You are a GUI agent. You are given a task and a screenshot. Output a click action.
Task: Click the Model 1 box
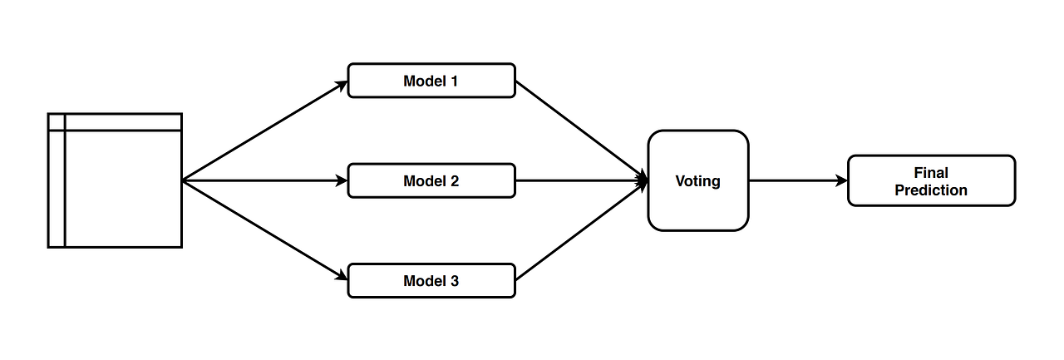431,81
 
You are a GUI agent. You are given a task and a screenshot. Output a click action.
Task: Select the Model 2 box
431,180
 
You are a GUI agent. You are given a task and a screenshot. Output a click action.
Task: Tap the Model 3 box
431,280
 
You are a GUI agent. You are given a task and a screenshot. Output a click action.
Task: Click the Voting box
697,180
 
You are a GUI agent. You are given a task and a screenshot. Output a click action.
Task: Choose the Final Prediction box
931,180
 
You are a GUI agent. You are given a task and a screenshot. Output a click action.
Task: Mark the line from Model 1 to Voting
582,131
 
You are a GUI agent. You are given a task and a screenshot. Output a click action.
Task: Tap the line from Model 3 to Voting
582,230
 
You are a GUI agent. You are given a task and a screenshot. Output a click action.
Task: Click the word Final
931,173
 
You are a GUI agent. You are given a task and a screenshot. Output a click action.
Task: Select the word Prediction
931,190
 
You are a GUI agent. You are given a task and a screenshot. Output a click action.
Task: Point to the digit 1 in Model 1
454,81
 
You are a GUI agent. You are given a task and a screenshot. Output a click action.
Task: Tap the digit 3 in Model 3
454,280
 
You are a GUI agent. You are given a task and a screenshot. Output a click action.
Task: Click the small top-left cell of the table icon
57,121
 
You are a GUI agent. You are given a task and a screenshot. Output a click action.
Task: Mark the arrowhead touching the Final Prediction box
841,180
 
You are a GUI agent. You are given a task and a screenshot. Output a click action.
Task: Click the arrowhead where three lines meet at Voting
643,180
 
